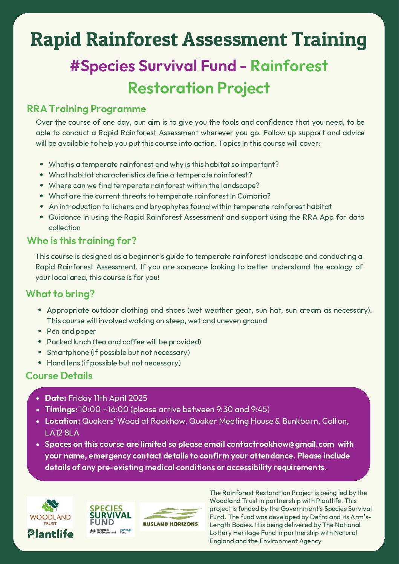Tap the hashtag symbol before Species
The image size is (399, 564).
tap(75, 66)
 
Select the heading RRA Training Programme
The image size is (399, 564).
tap(86, 109)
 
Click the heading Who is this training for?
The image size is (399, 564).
tap(81, 241)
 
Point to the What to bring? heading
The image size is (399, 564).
tap(60, 294)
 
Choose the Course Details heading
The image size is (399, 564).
tap(59, 376)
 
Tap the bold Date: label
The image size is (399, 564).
tap(55, 398)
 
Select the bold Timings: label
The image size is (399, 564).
tap(61, 410)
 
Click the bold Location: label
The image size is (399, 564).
tap(63, 421)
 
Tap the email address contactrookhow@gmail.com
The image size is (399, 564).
tap(280, 444)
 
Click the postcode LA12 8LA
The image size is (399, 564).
tap(62, 433)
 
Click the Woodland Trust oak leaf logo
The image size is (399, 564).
tap(50, 513)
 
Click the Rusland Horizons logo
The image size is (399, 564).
tap(172, 517)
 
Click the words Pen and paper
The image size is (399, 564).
tap(71, 331)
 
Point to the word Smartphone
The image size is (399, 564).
tap(68, 353)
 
